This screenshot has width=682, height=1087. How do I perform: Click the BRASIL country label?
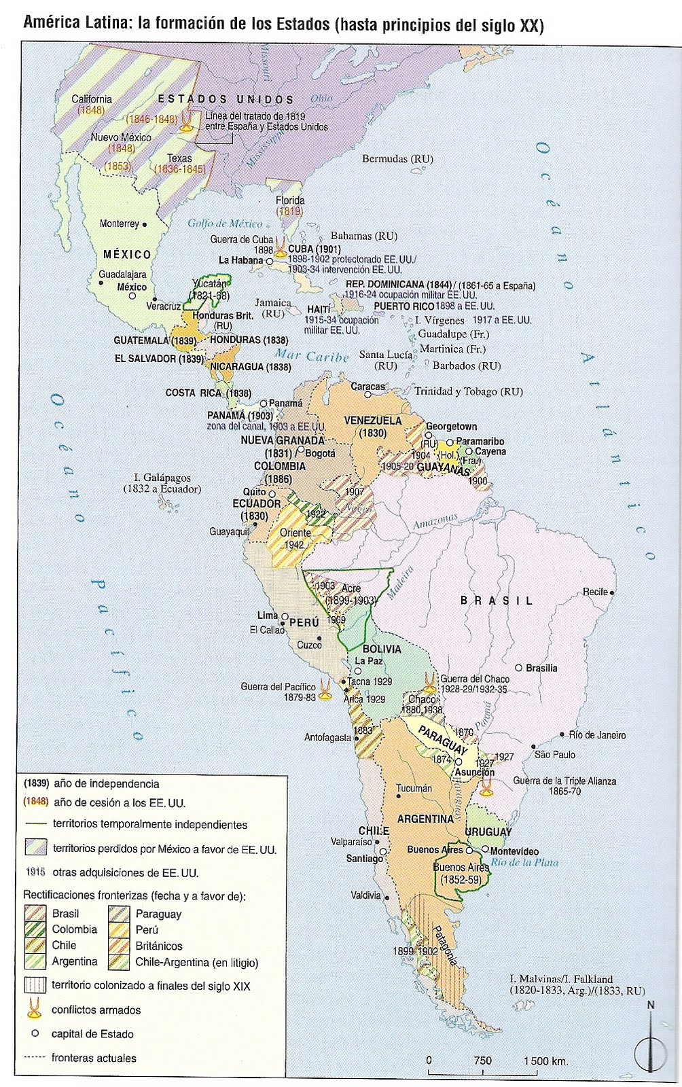tap(497, 601)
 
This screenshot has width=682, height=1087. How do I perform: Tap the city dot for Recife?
tap(612, 592)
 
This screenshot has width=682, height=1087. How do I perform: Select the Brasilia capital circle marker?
tap(518, 668)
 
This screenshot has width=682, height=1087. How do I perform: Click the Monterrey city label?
tap(120, 224)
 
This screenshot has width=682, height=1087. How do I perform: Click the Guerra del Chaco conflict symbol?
tap(429, 681)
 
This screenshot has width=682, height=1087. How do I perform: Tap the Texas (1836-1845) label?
tap(180, 164)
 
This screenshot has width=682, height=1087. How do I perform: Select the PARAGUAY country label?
tap(442, 741)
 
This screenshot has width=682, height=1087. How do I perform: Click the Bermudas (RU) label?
tap(397, 159)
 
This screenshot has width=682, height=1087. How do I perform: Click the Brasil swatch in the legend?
tap(35, 913)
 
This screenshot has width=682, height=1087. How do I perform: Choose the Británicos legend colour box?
tap(118, 945)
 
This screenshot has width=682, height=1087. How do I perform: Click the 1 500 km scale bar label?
tap(545, 1061)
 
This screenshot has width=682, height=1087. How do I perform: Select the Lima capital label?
tap(267, 615)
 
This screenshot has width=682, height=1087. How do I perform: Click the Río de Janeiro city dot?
tap(562, 734)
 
